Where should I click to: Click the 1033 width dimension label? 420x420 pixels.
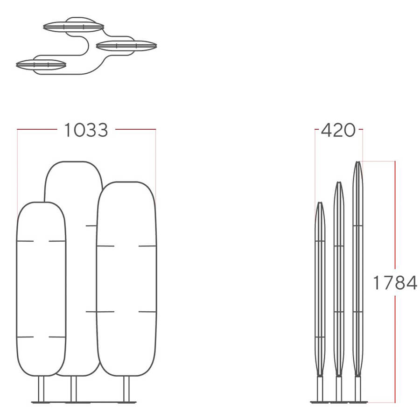(86, 130)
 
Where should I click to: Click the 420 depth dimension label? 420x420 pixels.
(338, 130)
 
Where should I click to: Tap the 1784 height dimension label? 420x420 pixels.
(395, 283)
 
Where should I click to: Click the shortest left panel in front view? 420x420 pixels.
(41, 289)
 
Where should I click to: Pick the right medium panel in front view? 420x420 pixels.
(126, 280)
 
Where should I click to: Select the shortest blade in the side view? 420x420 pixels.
(320, 289)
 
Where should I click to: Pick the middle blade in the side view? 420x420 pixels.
(338, 280)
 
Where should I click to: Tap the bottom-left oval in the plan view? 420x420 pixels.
(41, 64)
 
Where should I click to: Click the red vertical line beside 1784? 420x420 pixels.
(395, 210)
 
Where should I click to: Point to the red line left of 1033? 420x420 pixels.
(37, 129)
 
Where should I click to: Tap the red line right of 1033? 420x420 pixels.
(135, 129)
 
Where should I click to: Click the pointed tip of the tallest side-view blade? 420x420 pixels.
(357, 163)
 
